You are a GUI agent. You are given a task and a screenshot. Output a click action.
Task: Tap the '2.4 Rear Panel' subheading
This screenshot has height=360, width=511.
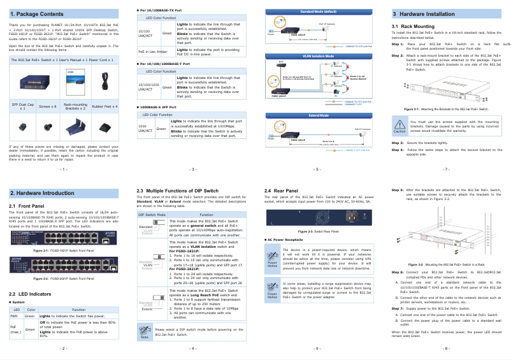[282, 191]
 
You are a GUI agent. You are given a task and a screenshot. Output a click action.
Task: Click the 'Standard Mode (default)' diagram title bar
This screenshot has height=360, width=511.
[318, 11]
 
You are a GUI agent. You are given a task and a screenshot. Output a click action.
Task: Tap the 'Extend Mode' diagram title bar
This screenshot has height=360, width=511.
[318, 115]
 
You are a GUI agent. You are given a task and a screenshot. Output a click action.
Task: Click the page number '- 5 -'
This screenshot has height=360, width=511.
[317, 169]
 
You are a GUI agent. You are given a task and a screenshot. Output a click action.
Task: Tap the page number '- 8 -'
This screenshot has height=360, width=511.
[445, 349]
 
